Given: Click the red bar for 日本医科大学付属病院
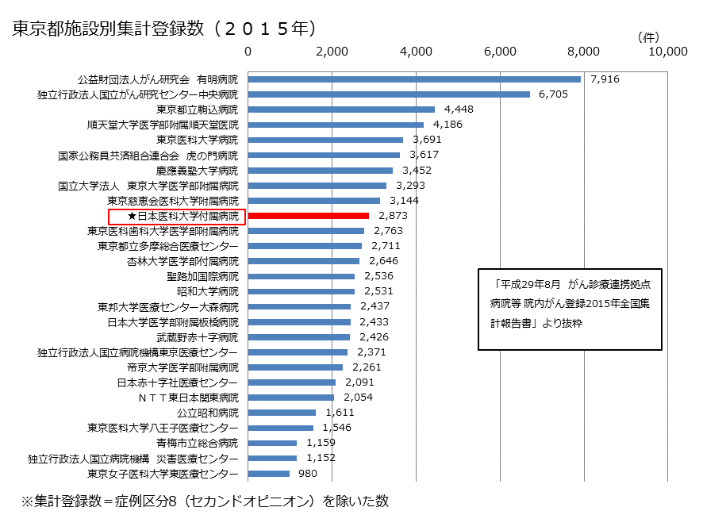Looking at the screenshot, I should pyautogui.click(x=309, y=215).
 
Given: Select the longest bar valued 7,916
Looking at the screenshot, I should pyautogui.click(x=414, y=79).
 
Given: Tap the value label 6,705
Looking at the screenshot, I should pyautogui.click(x=553, y=94).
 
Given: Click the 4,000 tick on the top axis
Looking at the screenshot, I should pyautogui.click(x=417, y=52).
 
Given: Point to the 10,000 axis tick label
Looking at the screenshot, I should pyautogui.click(x=667, y=52).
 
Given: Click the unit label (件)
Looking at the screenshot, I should pyautogui.click(x=648, y=37).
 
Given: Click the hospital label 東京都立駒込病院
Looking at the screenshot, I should pyautogui.click(x=197, y=110).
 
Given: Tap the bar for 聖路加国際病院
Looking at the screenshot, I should pyautogui.click(x=302, y=276).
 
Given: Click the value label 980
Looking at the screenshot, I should pyautogui.click(x=308, y=474).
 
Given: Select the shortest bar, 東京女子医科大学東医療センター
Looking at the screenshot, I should pyautogui.click(x=269, y=474).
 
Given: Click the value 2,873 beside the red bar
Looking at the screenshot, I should pyautogui.click(x=392, y=216).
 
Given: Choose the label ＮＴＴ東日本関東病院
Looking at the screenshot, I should pyautogui.click(x=188, y=398).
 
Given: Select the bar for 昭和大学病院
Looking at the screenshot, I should pyautogui.click(x=302, y=291).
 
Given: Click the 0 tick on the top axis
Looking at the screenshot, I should pyautogui.click(x=248, y=52).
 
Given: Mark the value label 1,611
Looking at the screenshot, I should pyautogui.click(x=340, y=413).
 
